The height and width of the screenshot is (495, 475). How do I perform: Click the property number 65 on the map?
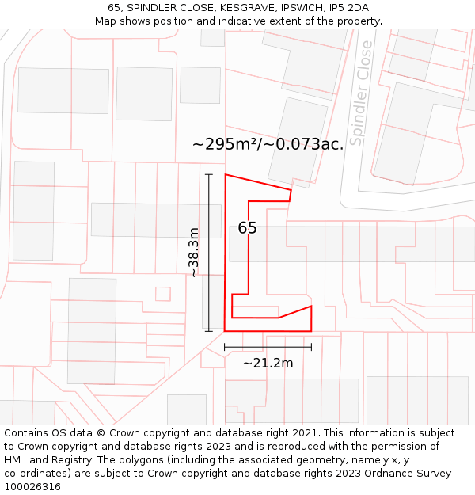tap(247, 228)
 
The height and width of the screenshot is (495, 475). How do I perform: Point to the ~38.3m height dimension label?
tap(193, 252)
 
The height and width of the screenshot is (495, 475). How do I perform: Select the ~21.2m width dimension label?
tap(268, 364)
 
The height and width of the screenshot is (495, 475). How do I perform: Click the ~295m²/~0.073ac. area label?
tap(268, 144)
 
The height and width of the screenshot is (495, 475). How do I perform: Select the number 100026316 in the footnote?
tap(31, 487)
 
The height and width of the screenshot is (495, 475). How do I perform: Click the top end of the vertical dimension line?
tap(209, 174)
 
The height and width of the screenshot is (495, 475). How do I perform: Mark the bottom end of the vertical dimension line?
tap(209, 331)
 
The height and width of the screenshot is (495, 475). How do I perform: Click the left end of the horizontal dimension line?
tap(225, 346)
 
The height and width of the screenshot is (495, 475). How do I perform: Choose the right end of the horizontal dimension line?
tap(311, 346)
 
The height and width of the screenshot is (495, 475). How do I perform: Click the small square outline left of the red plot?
tap(163, 294)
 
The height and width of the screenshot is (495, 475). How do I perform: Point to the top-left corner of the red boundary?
tap(226, 174)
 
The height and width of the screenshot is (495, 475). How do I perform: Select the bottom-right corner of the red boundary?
tap(311, 331)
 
